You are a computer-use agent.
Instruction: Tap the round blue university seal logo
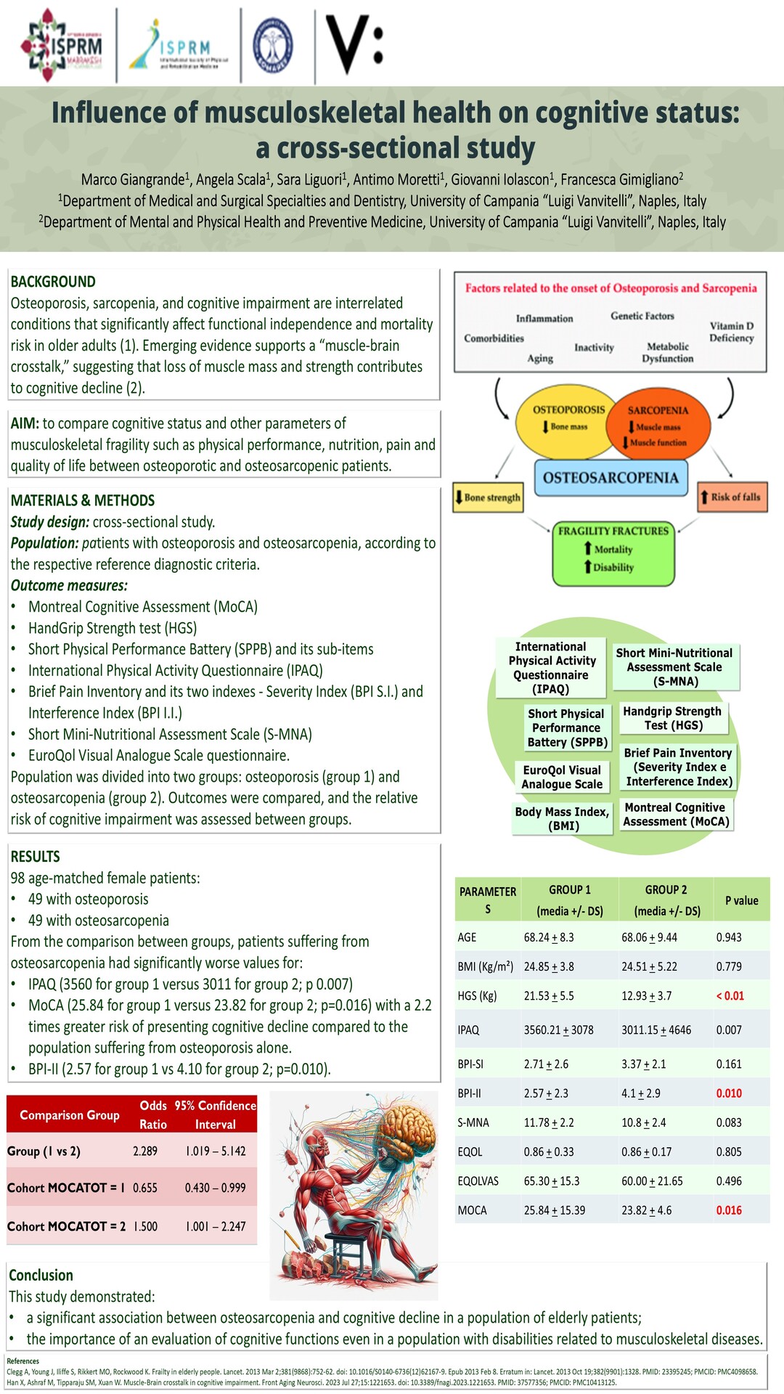click(x=273, y=45)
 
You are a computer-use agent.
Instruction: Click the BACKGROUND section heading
click(x=53, y=282)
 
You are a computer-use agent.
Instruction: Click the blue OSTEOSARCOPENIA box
click(x=611, y=478)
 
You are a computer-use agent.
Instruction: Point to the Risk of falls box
click(x=732, y=497)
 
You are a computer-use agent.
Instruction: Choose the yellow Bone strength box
click(x=488, y=497)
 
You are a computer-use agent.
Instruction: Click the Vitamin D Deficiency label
click(x=731, y=332)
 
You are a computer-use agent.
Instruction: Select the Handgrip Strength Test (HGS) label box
click(x=672, y=718)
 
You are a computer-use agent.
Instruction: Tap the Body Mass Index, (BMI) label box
click(x=563, y=818)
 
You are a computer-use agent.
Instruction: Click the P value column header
click(x=741, y=900)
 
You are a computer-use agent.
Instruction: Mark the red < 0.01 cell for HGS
click(x=730, y=995)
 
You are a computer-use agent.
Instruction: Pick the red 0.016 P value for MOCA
click(x=729, y=1210)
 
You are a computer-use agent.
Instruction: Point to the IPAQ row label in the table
click(x=468, y=1030)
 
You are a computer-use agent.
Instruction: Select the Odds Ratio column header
click(x=153, y=1114)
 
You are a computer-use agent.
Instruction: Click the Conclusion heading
click(x=41, y=1275)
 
